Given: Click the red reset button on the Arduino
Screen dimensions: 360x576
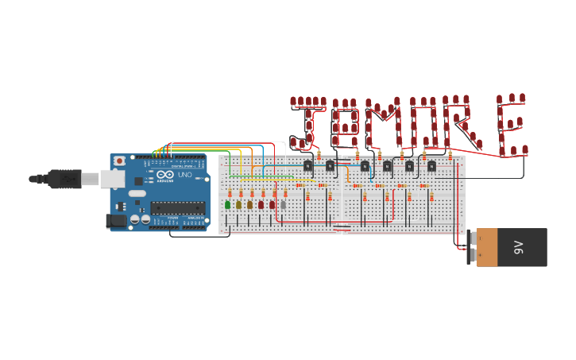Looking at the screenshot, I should [119, 161].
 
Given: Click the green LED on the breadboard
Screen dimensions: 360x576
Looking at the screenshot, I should [228, 205].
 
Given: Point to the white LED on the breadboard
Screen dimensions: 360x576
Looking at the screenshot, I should [284, 205].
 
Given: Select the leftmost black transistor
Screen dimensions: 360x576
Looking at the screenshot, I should [308, 165].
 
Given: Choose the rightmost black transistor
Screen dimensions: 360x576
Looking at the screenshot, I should [431, 166].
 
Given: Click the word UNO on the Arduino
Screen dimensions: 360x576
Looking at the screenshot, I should [184, 175].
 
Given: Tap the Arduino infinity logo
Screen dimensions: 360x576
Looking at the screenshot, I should [164, 175].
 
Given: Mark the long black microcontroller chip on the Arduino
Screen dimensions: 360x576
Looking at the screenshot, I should [177, 208].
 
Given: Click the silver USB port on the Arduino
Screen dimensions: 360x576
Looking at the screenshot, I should [112, 179].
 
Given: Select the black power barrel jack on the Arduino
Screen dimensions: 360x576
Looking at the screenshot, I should [116, 221].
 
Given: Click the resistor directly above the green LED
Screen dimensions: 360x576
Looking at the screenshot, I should [230, 193].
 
